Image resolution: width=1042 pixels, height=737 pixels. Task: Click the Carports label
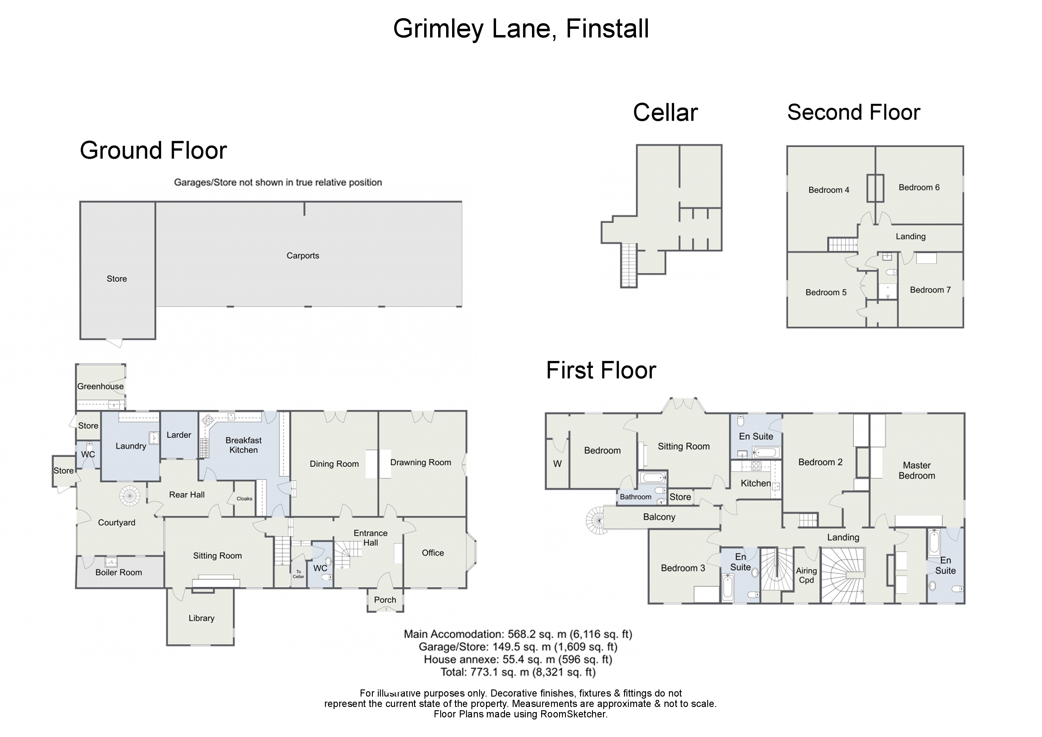[303, 256]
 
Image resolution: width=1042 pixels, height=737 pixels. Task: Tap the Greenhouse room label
[100, 386]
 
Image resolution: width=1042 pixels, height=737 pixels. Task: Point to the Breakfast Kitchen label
[244, 445]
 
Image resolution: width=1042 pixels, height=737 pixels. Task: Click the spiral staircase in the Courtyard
[130, 496]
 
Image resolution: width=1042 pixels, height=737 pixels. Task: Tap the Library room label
[201, 618]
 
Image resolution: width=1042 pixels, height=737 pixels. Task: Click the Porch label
[385, 600]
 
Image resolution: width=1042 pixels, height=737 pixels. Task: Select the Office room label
[433, 553]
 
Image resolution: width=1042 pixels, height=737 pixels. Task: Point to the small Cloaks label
[244, 499]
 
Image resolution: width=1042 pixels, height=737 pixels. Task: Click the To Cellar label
[299, 574]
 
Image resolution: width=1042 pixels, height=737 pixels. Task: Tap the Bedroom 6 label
[919, 188]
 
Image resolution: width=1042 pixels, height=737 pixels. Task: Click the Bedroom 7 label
[930, 290]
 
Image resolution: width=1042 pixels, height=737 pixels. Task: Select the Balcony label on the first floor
[659, 517]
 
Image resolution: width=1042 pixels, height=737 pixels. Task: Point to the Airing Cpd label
[806, 575]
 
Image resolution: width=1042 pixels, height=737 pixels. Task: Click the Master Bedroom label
[917, 470]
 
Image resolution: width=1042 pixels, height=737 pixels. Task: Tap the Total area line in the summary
[518, 672]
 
